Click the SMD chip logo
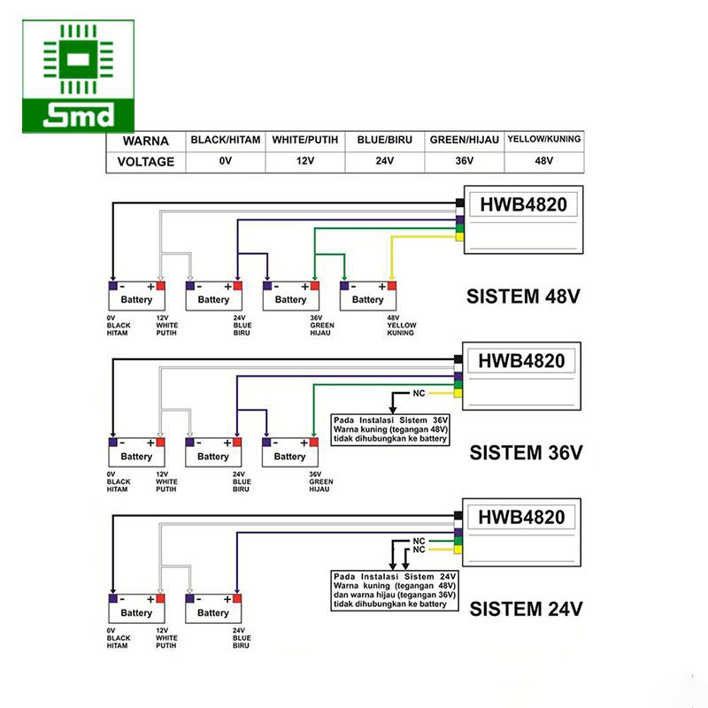click(x=79, y=75)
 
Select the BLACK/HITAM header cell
click(x=226, y=140)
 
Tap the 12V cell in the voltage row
click(x=305, y=161)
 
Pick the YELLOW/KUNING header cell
click(x=543, y=140)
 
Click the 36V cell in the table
click(x=465, y=161)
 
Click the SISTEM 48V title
click(x=526, y=296)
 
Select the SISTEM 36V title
click(x=526, y=453)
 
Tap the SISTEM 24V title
click(x=526, y=609)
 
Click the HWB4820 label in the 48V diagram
click(x=523, y=205)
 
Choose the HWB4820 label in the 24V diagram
click(x=523, y=517)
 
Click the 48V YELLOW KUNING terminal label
click(x=400, y=326)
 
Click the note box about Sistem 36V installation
click(x=390, y=428)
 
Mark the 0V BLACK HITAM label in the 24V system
click(x=119, y=638)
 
